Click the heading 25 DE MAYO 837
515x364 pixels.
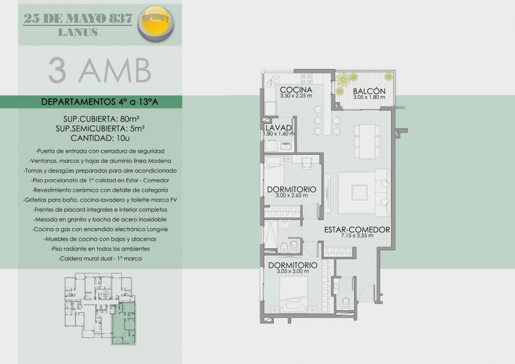78,18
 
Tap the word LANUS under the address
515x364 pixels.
78,33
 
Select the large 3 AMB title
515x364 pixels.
99,71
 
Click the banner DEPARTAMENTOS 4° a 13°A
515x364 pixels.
99,102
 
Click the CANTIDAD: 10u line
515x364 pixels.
100,138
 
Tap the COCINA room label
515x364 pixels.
296,90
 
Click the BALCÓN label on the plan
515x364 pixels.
369,91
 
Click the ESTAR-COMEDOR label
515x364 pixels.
357,230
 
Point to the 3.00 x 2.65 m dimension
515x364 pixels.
292,196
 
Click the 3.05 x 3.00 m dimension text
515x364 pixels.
293,271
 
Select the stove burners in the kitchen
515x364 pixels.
306,79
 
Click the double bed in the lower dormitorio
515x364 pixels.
293,294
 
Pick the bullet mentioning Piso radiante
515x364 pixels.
100,249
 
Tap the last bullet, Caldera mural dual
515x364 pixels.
100,259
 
